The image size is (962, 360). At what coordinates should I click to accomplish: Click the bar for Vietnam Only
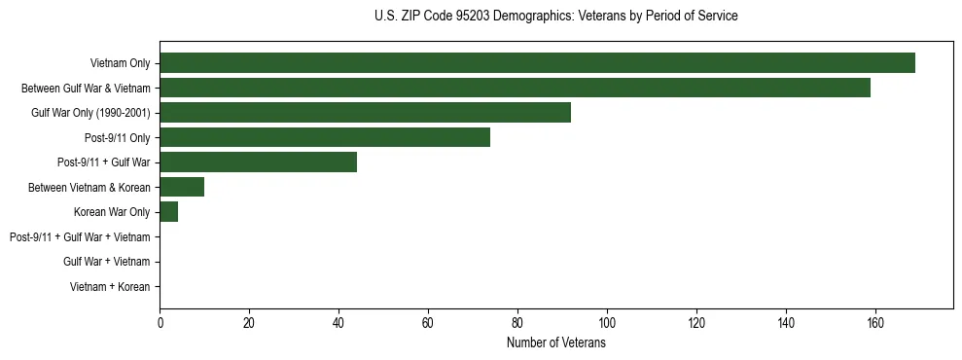click(537, 63)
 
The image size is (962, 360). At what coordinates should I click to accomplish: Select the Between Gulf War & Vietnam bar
click(515, 89)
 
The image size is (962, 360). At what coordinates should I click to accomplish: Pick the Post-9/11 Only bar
click(325, 137)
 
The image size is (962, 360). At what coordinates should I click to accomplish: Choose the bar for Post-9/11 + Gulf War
click(258, 162)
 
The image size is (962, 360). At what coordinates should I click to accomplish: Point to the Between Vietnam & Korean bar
click(182, 187)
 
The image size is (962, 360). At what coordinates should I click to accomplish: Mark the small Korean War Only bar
click(168, 211)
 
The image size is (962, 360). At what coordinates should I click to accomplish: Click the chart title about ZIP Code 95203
click(555, 17)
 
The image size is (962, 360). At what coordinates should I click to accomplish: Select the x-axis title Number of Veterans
click(555, 343)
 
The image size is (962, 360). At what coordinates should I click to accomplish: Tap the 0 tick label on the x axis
click(160, 323)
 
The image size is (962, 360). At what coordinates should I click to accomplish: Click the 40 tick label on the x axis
click(338, 323)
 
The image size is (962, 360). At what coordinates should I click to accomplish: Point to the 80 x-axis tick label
click(517, 323)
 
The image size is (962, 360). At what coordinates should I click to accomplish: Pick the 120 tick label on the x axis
click(696, 323)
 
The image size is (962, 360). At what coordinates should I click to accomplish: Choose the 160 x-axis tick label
click(875, 323)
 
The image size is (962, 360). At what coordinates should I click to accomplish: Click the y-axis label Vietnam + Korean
click(110, 286)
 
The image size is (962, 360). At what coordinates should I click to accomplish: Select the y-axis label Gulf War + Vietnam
click(106, 261)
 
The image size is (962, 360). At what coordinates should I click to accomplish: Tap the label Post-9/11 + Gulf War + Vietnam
click(80, 236)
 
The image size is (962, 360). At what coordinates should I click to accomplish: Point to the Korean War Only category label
click(112, 211)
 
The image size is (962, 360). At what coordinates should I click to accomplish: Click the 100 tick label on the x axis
click(607, 323)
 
